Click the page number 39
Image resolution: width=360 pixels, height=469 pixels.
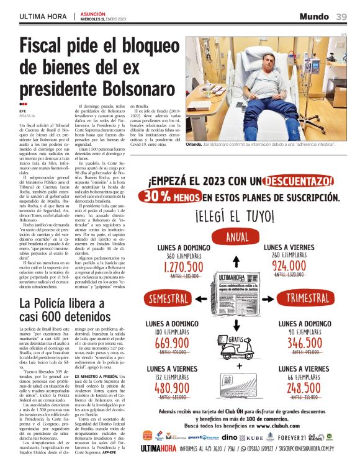click(341, 16)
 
